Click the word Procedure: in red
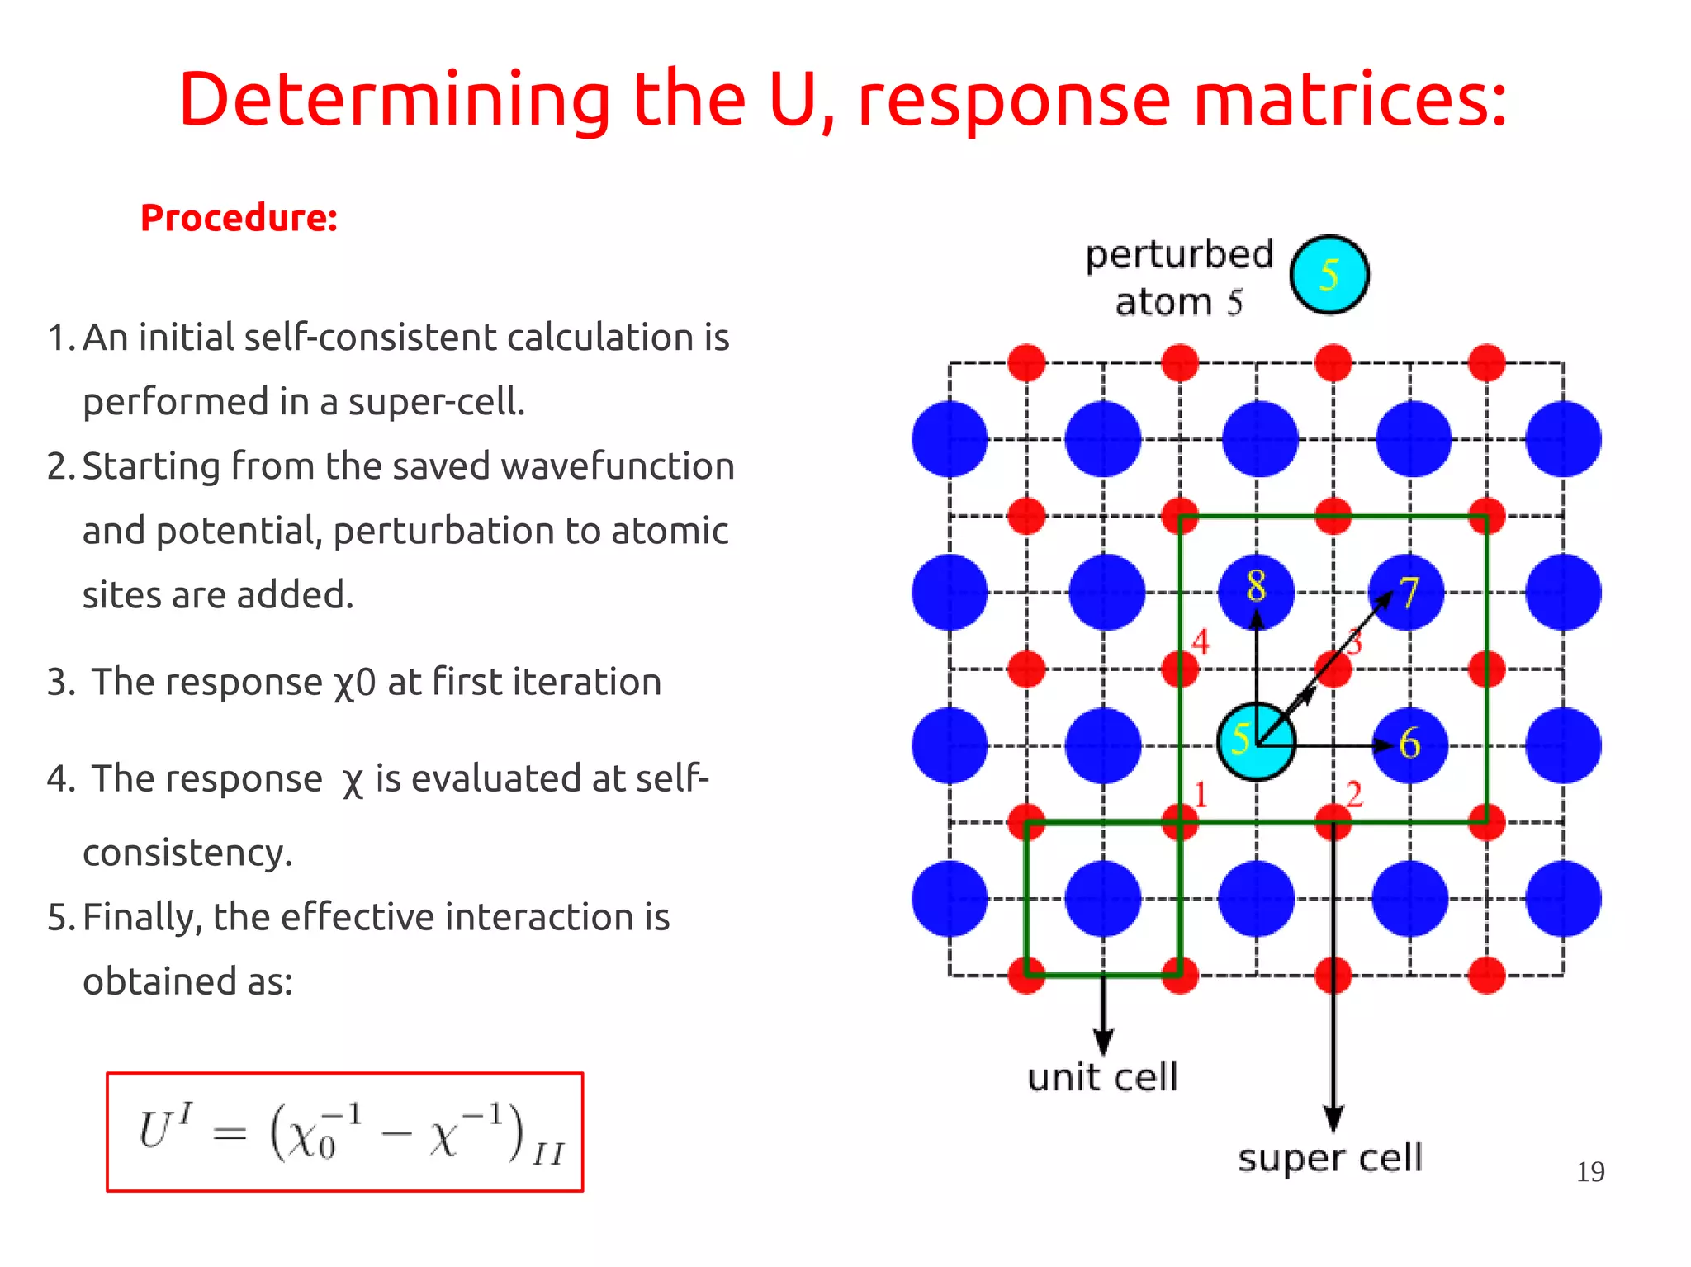(x=239, y=219)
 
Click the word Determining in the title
(x=393, y=101)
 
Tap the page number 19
(x=1589, y=1172)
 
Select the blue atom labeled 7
(x=1408, y=592)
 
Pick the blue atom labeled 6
(x=1409, y=745)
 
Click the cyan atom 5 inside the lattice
(x=1255, y=741)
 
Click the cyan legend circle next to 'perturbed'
(x=1329, y=275)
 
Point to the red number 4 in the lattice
(x=1201, y=641)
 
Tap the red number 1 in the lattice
(x=1201, y=795)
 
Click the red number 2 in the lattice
(x=1354, y=795)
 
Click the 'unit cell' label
(x=1102, y=1078)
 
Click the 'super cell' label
(x=1329, y=1158)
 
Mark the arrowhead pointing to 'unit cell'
(x=1103, y=1042)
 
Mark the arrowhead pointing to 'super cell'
(x=1333, y=1119)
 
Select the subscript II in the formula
(x=547, y=1154)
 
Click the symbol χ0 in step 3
(x=354, y=683)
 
